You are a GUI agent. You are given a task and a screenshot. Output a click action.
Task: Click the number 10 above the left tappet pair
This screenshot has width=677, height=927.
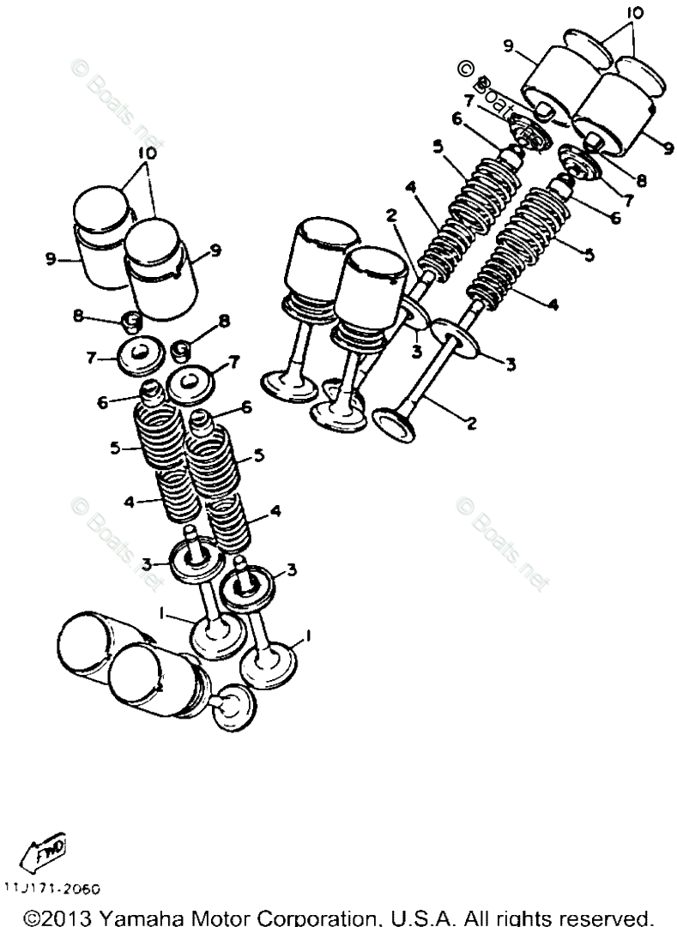146,153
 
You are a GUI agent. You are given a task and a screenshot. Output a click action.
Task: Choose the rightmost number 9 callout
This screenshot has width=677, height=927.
667,146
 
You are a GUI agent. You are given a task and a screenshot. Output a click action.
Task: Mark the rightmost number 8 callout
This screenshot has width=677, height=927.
642,180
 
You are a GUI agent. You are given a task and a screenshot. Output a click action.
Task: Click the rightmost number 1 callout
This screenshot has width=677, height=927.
306,638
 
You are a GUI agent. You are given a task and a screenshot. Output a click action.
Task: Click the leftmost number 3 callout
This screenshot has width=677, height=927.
148,563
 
